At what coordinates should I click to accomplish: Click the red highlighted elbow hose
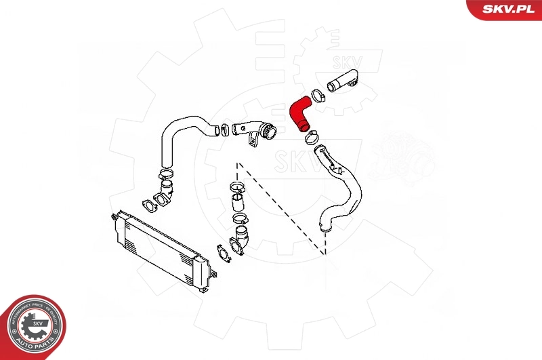click(298, 113)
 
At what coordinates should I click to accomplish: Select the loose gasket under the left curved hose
click(147, 205)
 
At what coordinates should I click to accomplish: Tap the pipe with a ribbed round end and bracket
click(253, 133)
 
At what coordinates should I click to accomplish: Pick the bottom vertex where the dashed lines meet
click(326, 253)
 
